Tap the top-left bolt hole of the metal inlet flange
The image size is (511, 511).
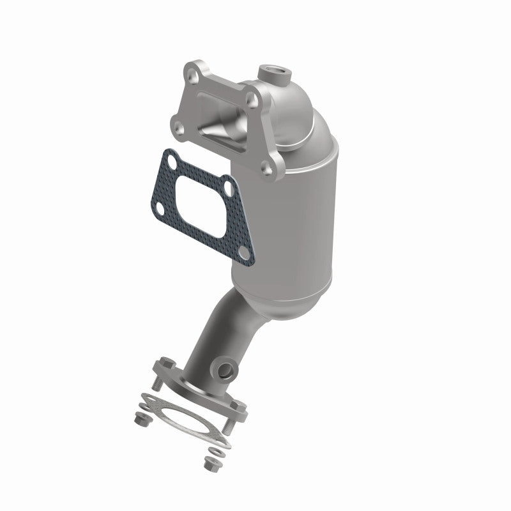click(x=192, y=75)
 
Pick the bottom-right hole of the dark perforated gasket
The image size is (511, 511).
click(x=243, y=254)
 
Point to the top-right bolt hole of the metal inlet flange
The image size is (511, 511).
click(x=252, y=100)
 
